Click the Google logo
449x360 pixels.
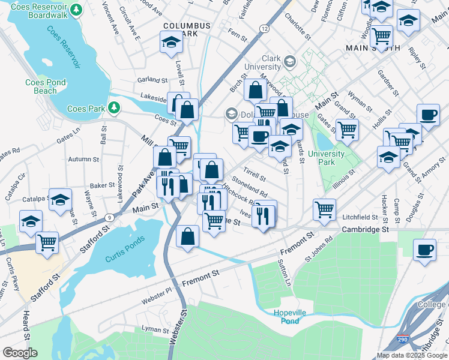(x=20, y=353)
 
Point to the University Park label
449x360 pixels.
(x=326, y=157)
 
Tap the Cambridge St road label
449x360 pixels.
(x=366, y=229)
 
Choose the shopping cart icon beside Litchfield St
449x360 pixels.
(x=324, y=209)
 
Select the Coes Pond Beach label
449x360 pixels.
(x=41, y=86)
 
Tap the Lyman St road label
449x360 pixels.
(x=155, y=329)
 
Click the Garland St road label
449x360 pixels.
(x=152, y=79)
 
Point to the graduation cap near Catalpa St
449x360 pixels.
(x=60, y=202)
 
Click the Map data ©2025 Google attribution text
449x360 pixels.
(x=412, y=355)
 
